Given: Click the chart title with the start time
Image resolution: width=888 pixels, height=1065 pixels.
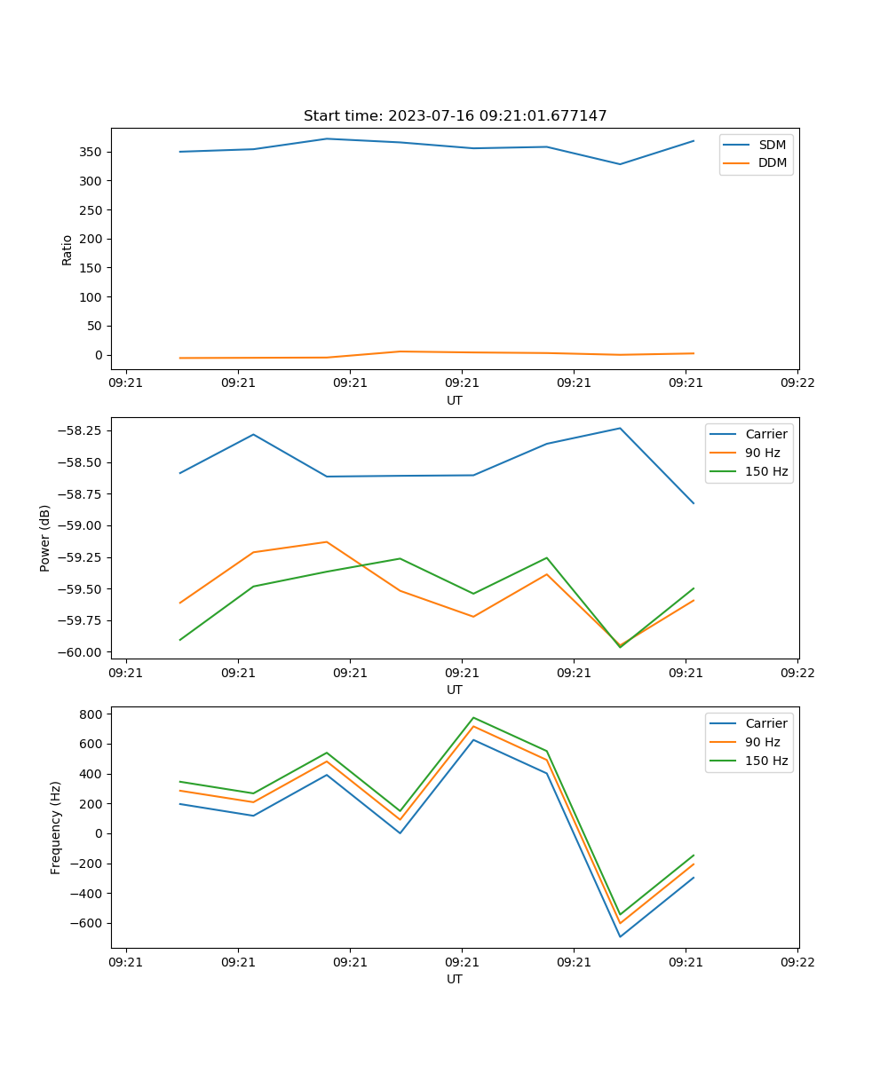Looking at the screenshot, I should pyautogui.click(x=455, y=116).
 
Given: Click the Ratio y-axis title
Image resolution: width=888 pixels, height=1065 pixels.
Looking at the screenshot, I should pyautogui.click(x=67, y=249).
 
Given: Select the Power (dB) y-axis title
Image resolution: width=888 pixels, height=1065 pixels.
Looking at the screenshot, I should pyautogui.click(x=44, y=538).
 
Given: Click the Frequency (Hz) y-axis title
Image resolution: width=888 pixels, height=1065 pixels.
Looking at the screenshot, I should pyautogui.click(x=55, y=827).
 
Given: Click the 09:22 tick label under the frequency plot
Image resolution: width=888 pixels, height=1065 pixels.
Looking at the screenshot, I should pyautogui.click(x=797, y=961).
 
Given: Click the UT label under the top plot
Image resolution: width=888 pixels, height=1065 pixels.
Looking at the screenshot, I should pyautogui.click(x=455, y=400).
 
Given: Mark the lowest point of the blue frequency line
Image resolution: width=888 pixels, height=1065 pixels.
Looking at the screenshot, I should pyautogui.click(x=620, y=936).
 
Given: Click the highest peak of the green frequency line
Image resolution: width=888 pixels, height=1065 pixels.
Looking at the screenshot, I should pyautogui.click(x=473, y=717).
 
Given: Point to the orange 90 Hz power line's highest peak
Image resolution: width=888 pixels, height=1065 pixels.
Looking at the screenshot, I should pyautogui.click(x=327, y=541).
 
